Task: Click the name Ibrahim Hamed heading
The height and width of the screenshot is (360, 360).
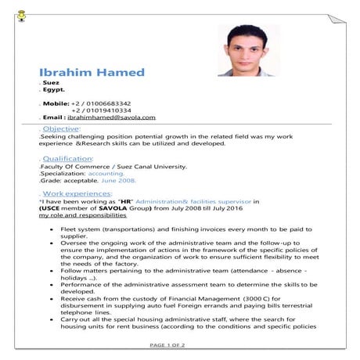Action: point(92,72)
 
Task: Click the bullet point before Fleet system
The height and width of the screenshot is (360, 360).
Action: point(52,229)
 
